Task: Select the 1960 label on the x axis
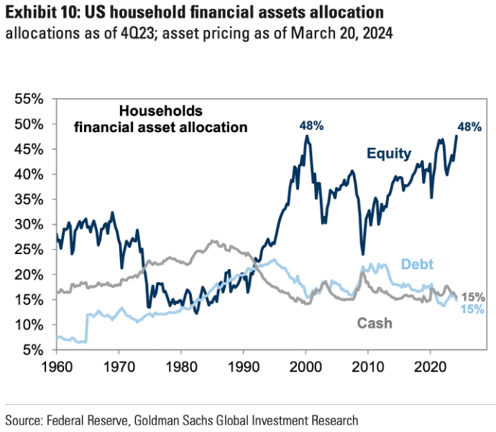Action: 56,365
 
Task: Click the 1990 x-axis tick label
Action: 243,365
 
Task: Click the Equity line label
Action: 388,153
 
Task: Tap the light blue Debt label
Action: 417,264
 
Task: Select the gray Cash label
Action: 375,323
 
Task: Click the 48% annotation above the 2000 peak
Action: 311,125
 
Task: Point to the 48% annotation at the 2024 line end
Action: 469,127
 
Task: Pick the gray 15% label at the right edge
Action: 473,297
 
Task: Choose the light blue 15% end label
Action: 472,309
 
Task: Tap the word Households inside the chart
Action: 161,111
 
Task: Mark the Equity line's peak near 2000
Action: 307,136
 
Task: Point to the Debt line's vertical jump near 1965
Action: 86,327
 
